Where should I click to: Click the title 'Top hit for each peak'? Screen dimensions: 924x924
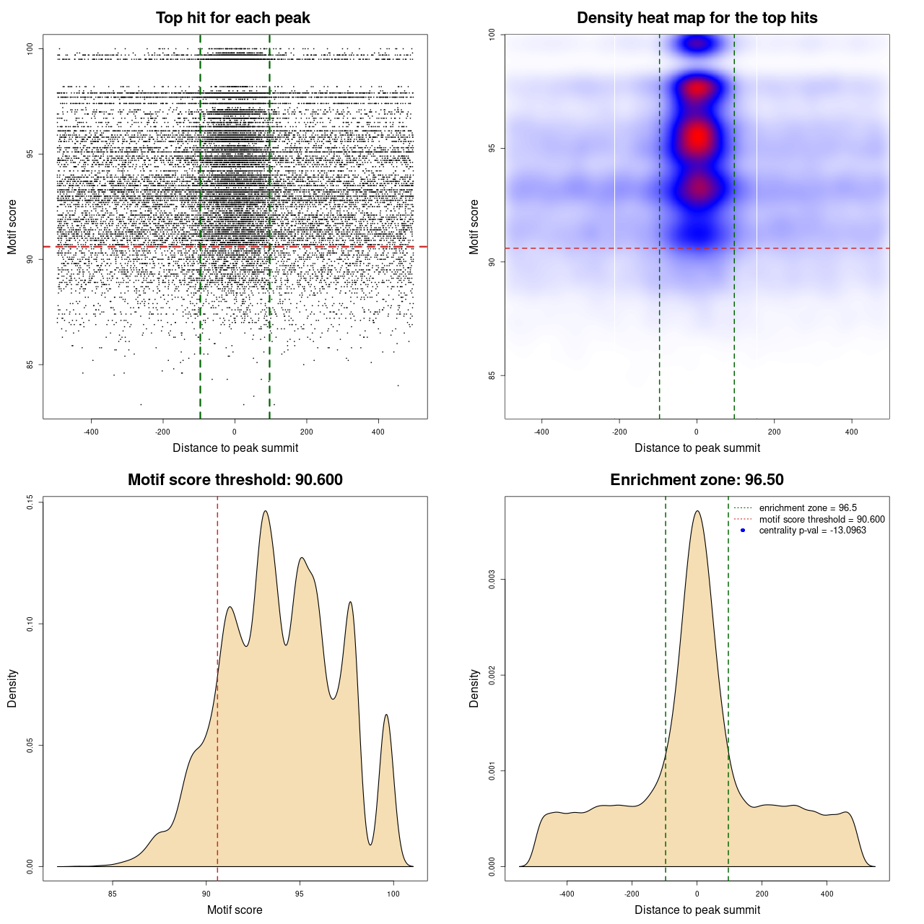[x=232, y=18]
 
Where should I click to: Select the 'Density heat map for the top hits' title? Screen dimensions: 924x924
[x=697, y=18]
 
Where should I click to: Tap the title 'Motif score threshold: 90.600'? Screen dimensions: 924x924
[x=235, y=480]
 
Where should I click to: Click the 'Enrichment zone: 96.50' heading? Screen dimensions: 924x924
[x=697, y=480]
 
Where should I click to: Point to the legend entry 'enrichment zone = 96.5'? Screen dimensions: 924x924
[x=808, y=508]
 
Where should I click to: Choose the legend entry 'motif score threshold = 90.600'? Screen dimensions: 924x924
[x=821, y=519]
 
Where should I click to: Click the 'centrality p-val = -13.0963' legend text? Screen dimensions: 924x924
[x=812, y=531]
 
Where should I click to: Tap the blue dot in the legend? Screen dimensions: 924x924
[x=743, y=531]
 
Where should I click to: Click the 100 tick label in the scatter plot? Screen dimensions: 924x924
[x=30, y=48]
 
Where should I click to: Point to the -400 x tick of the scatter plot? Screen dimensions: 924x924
[x=91, y=432]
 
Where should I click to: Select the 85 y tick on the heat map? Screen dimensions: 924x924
[x=492, y=375]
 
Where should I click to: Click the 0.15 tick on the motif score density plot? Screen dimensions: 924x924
[x=30, y=502]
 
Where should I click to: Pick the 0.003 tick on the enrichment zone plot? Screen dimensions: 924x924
[x=492, y=580]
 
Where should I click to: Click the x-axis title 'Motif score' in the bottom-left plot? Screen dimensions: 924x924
[x=235, y=910]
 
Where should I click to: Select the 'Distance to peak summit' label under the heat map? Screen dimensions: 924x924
[x=697, y=448]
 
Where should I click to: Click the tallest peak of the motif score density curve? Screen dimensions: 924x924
[x=266, y=512]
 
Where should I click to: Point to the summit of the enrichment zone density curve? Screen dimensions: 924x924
[x=697, y=512]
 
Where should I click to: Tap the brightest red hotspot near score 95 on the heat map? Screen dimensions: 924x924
[x=697, y=137]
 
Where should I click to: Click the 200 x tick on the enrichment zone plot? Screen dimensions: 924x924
[x=762, y=894]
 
